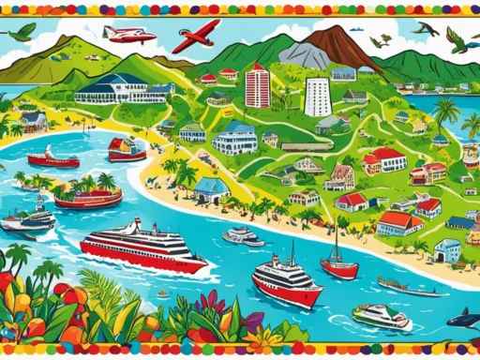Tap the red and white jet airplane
click(128, 35)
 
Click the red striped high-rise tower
click(257, 87)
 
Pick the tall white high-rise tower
click(318, 97)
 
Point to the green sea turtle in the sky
click(21, 32)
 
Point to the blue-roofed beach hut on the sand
click(212, 190)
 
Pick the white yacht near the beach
click(243, 234)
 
